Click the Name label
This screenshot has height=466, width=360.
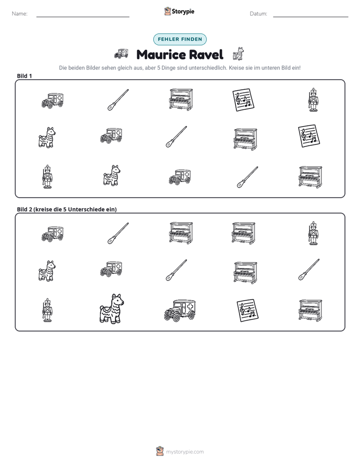click(x=20, y=14)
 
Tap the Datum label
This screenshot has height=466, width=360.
click(x=259, y=14)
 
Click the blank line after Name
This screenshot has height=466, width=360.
click(x=83, y=17)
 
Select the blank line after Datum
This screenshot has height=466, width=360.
click(x=311, y=17)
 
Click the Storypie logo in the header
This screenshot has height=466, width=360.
click(x=179, y=11)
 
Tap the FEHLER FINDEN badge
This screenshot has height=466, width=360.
click(x=180, y=39)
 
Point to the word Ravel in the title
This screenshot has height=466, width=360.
click(x=206, y=54)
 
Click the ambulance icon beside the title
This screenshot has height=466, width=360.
click(x=121, y=54)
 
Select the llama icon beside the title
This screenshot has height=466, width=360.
click(x=238, y=54)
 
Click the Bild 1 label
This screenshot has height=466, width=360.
click(x=24, y=76)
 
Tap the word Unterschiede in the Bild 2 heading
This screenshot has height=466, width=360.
click(x=84, y=209)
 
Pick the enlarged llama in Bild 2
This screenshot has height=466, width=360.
click(x=112, y=309)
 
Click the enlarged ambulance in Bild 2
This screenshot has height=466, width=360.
click(x=180, y=310)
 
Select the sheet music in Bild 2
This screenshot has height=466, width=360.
click(x=248, y=310)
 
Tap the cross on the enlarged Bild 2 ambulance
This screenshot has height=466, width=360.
click(x=190, y=306)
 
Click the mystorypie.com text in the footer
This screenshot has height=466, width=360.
click(x=185, y=452)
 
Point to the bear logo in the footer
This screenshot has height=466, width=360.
click(x=160, y=451)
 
